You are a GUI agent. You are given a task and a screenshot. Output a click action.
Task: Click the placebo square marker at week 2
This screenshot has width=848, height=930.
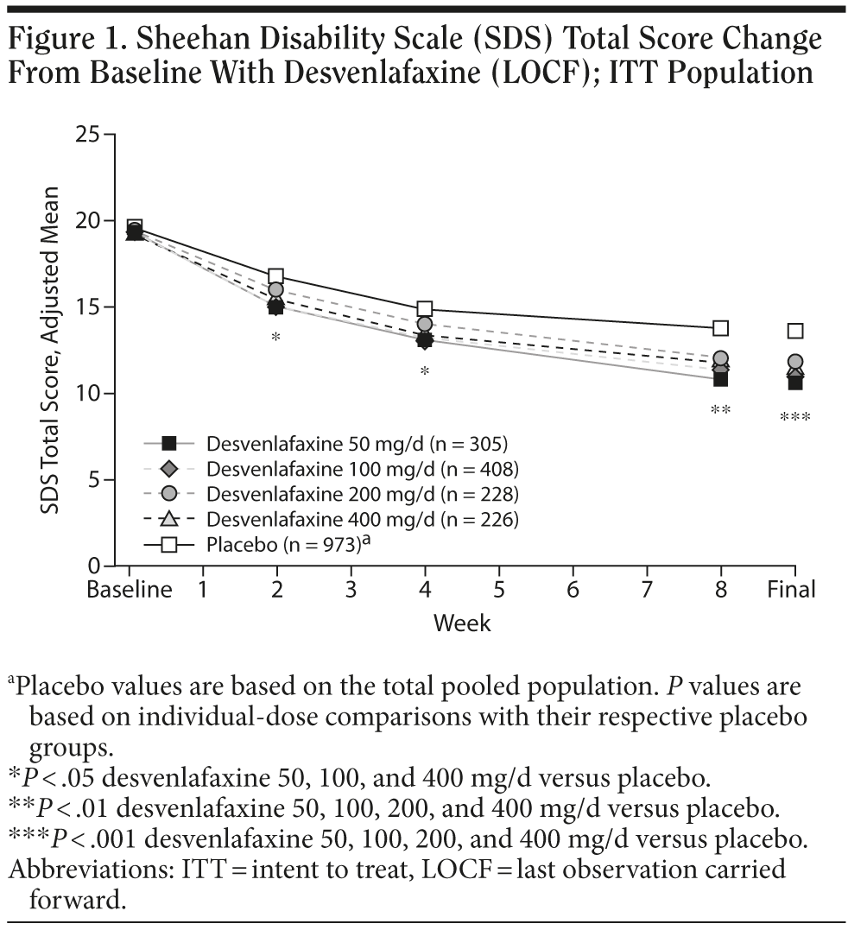pyautogui.click(x=276, y=276)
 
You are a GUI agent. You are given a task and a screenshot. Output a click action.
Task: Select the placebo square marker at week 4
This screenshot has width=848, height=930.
pyautogui.click(x=424, y=308)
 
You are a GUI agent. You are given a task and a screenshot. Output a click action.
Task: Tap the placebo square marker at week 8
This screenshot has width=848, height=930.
pyautogui.click(x=720, y=327)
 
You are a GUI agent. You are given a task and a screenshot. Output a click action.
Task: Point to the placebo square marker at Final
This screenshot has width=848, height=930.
pyautogui.click(x=795, y=331)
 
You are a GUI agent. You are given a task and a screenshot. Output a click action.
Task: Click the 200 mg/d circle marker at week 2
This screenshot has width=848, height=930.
pyautogui.click(x=276, y=290)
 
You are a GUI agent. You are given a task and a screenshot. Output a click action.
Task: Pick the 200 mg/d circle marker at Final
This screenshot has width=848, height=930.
pyautogui.click(x=795, y=362)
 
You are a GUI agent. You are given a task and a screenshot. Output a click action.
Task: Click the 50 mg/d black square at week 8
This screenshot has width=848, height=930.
pyautogui.click(x=720, y=378)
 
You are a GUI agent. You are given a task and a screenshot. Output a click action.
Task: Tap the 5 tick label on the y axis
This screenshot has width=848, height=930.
pyautogui.click(x=94, y=480)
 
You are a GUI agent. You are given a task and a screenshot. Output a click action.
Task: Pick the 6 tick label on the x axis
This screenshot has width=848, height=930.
pyautogui.click(x=573, y=590)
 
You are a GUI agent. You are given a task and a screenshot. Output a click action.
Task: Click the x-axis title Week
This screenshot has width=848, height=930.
pyautogui.click(x=462, y=622)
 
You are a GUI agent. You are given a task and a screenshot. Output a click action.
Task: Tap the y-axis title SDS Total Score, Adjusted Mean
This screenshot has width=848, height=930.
pyautogui.click(x=53, y=350)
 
